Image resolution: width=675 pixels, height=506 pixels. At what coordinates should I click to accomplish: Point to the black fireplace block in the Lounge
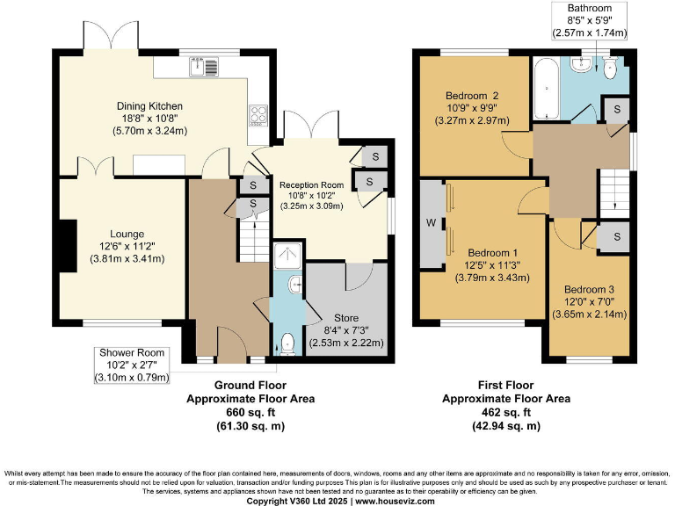[x=68, y=248]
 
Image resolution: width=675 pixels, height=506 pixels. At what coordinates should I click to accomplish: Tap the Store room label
[x=347, y=317]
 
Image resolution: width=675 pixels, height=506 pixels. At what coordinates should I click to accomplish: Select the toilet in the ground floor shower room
[x=287, y=342]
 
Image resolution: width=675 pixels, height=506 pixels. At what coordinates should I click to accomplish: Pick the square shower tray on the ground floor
[x=287, y=256]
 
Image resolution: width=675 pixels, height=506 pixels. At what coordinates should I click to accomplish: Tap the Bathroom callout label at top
[x=589, y=7]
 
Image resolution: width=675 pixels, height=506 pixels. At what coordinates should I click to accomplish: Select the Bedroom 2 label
[x=472, y=95]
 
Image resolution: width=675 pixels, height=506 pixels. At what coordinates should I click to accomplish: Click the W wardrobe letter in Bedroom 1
[x=431, y=223]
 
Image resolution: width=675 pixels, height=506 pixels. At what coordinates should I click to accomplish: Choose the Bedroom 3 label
[x=589, y=289]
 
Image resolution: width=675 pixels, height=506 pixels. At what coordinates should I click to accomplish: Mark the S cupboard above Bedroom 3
[x=616, y=237]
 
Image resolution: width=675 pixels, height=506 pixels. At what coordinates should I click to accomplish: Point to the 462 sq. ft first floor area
[x=505, y=411]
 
